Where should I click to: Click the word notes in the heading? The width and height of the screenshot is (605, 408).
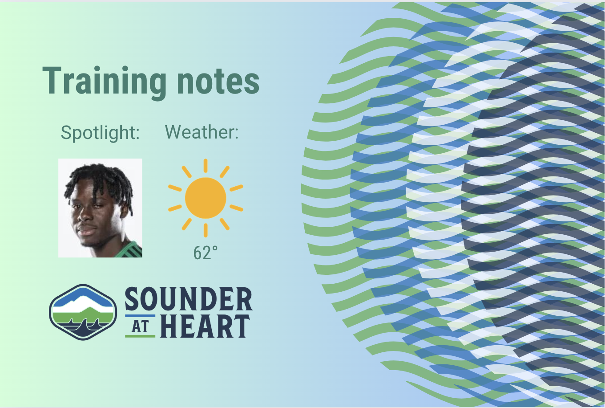[218, 81]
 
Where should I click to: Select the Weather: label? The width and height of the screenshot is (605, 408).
[202, 132]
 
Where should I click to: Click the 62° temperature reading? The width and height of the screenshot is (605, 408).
[205, 253]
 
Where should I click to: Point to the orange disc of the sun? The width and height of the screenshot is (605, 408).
[206, 198]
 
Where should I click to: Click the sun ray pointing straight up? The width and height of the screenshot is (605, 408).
[206, 166]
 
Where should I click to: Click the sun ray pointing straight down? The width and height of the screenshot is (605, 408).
[206, 230]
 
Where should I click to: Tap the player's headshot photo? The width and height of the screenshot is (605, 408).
[100, 208]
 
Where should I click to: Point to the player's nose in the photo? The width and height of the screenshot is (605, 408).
[84, 216]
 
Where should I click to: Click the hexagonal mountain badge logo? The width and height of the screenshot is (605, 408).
[83, 312]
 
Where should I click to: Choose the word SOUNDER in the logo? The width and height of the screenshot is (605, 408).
[189, 299]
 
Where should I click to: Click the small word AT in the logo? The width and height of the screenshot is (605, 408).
[140, 326]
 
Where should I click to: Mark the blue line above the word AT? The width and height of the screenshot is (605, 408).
[140, 315]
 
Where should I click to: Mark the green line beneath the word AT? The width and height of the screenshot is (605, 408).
[140, 336]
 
